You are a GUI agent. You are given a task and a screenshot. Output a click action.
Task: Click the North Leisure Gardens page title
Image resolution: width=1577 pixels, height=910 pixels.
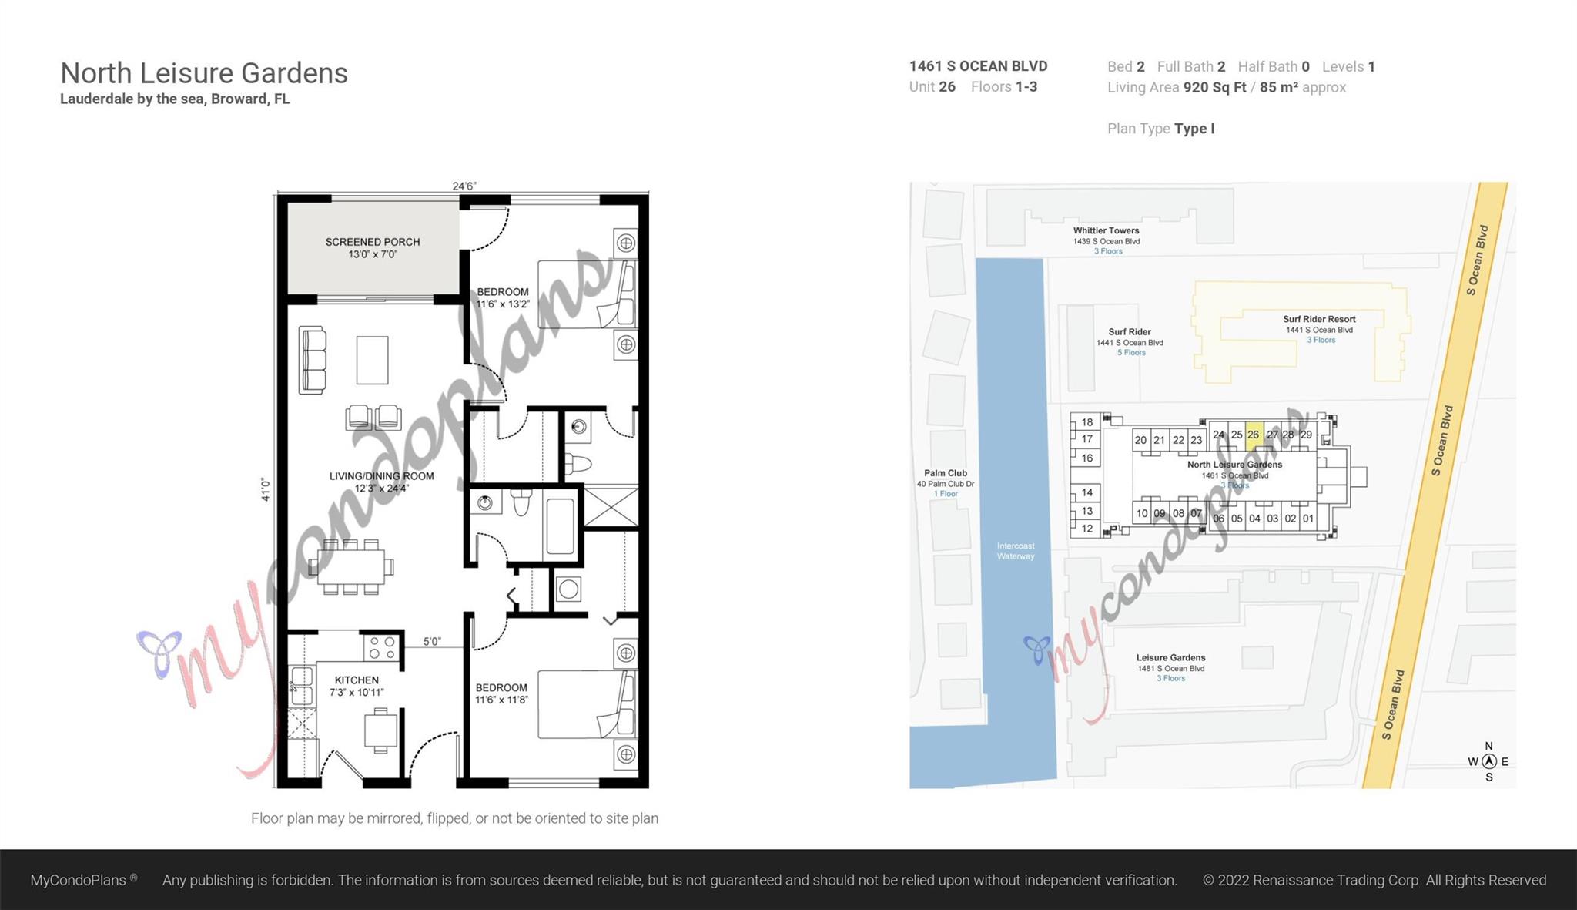(x=204, y=73)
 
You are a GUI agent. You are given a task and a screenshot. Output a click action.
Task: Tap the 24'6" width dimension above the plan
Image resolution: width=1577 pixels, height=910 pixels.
(x=464, y=186)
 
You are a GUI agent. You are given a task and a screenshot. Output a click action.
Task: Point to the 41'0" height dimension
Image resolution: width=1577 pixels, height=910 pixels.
(x=266, y=489)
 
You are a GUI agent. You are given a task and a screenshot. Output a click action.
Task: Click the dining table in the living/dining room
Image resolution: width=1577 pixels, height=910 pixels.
(x=351, y=567)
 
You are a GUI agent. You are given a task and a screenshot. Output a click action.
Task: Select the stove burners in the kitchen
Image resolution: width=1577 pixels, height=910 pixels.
(x=382, y=647)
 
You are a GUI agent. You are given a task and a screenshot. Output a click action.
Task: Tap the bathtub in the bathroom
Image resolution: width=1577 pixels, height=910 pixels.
(x=560, y=527)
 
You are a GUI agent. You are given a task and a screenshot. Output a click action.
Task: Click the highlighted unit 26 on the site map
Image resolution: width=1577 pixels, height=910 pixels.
(x=1254, y=435)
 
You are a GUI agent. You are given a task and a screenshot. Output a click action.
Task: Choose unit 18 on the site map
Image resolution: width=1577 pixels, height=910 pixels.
(x=1086, y=421)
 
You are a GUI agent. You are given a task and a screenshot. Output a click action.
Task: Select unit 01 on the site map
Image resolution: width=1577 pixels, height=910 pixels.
(x=1308, y=519)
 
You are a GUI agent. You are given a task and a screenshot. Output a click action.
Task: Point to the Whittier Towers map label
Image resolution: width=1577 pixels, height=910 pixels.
(x=1107, y=230)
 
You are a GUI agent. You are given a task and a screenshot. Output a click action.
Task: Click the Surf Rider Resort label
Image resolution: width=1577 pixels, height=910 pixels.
(x=1319, y=319)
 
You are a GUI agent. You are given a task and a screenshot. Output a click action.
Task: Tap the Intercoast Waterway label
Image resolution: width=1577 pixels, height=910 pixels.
(x=1016, y=551)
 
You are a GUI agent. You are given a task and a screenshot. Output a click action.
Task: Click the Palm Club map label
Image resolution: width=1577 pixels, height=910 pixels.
(x=946, y=473)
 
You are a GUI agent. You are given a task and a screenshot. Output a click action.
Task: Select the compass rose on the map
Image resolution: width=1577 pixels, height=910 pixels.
(x=1488, y=761)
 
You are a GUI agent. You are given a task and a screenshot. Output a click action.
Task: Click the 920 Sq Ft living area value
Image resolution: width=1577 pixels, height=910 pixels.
(x=1214, y=87)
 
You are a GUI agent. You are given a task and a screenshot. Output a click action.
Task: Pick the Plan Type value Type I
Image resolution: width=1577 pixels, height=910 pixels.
(x=1194, y=129)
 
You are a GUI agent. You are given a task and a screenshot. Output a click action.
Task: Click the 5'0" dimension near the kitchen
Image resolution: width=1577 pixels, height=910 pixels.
(x=432, y=641)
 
